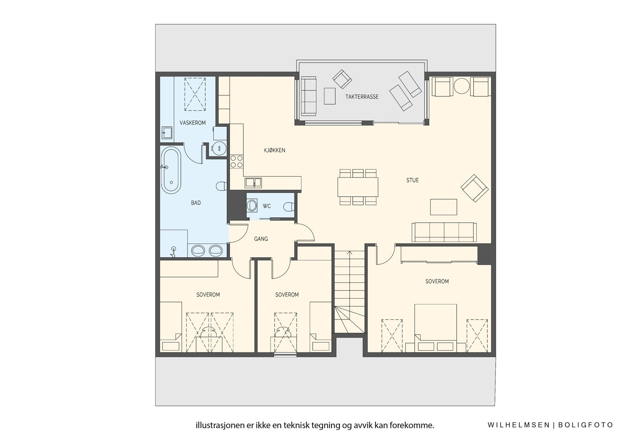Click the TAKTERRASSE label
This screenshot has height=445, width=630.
click(362, 96)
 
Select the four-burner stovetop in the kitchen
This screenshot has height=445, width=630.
click(237, 161)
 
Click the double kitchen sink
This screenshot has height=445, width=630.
click(253, 183)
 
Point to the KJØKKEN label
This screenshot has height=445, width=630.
click(274, 150)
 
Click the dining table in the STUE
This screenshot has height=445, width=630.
click(358, 187)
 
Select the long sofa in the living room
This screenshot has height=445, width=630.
click(444, 232)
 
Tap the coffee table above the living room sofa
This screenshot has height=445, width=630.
click(443, 207)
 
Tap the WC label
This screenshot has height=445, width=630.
click(267, 206)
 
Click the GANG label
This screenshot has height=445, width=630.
click(261, 239)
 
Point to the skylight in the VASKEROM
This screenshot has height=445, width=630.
click(195, 94)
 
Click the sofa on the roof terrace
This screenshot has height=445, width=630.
click(309, 96)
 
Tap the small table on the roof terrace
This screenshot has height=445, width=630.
click(330, 96)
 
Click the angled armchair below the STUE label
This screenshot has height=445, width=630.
click(474, 188)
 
